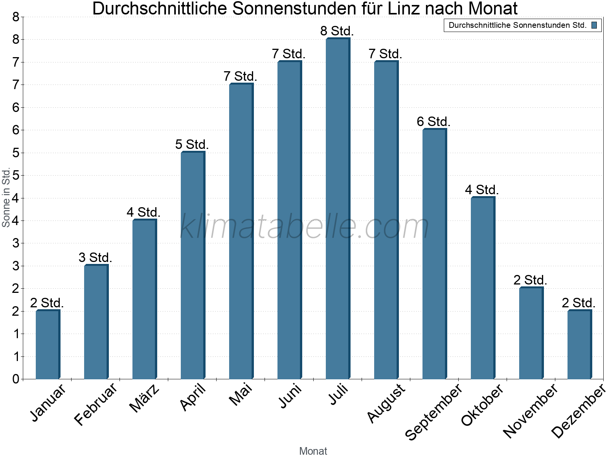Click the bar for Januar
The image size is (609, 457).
tap(48, 345)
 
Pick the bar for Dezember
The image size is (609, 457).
tap(579, 345)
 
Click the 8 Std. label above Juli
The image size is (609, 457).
tap(337, 31)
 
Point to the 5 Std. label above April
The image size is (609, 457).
tap(192, 144)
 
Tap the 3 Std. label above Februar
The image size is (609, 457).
tap(96, 257)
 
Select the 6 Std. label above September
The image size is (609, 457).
tap(434, 122)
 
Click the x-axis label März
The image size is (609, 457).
tap(145, 398)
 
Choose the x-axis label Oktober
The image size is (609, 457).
tap(483, 405)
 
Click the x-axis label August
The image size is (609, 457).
tap(386, 403)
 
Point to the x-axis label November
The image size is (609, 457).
tap(530, 411)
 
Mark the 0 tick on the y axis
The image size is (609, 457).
tap(16, 379)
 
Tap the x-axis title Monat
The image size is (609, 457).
tap(313, 451)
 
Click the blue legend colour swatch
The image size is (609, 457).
tap(594, 26)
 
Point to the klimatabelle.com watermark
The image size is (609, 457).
tap(304, 227)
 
